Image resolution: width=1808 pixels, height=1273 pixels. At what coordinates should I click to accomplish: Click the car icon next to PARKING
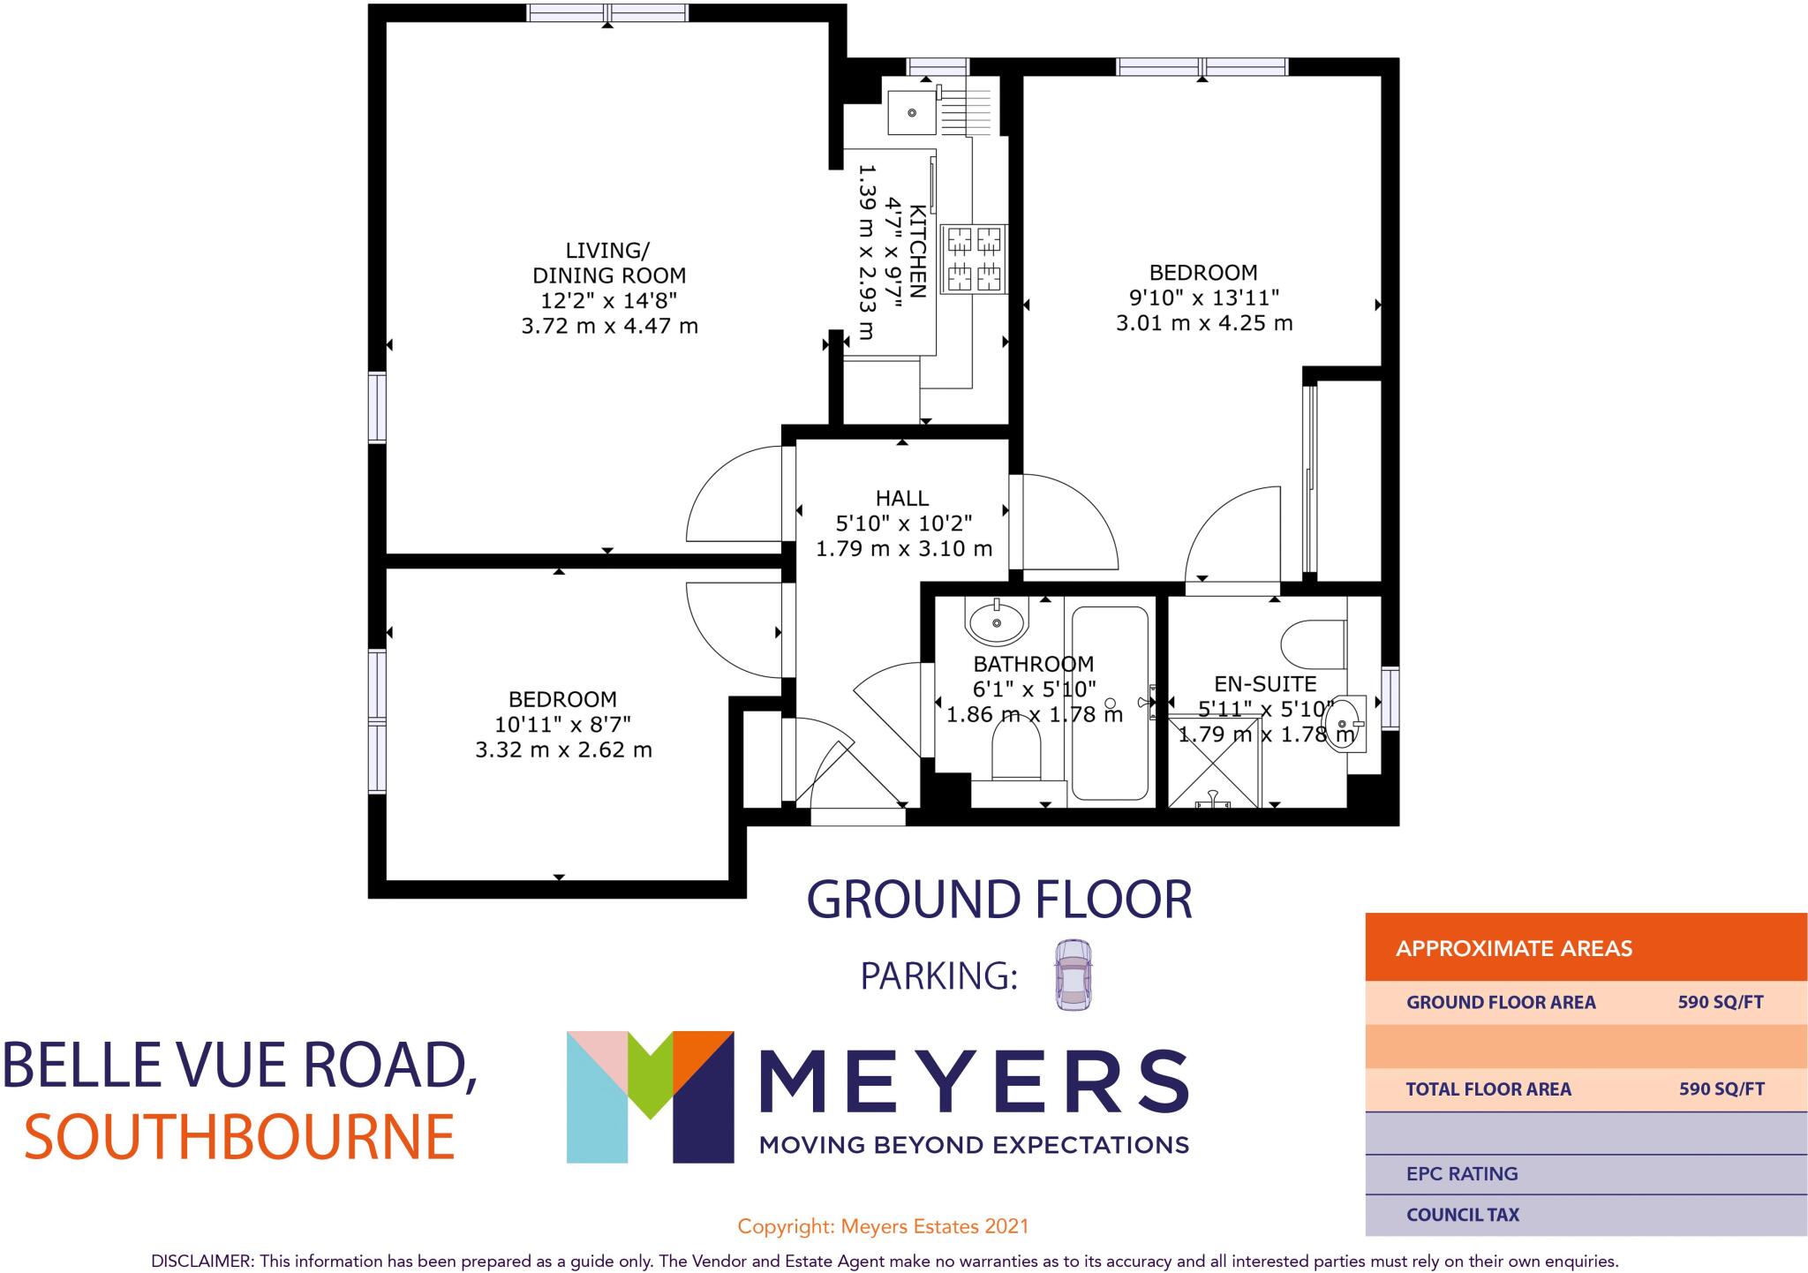coord(1072,975)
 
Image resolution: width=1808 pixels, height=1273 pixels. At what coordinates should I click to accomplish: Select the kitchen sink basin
coord(911,112)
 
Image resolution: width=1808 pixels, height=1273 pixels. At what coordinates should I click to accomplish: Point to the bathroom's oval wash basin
coord(998,621)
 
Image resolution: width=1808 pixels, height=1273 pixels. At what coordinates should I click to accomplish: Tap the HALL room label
coord(902,499)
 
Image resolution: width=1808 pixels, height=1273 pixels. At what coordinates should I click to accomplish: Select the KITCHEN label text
coord(918,252)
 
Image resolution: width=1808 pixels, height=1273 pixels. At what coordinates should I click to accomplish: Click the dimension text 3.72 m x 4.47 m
coord(609,326)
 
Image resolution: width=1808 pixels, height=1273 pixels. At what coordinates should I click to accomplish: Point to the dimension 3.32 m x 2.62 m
coord(563,750)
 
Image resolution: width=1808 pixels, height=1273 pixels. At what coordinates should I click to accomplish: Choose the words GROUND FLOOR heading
coord(999,900)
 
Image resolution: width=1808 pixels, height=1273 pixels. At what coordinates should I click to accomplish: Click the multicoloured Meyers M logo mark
coord(650,1096)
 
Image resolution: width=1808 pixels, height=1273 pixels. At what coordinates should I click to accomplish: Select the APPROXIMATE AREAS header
coord(1513,949)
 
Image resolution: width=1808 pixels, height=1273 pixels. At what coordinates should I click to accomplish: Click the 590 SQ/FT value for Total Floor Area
coord(1721,1088)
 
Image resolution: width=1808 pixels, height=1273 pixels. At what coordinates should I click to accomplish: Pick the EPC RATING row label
coord(1462,1173)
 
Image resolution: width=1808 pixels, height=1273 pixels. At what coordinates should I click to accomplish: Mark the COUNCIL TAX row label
coord(1462,1215)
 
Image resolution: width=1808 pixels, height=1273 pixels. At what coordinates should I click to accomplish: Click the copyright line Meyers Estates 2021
coord(883,1226)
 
